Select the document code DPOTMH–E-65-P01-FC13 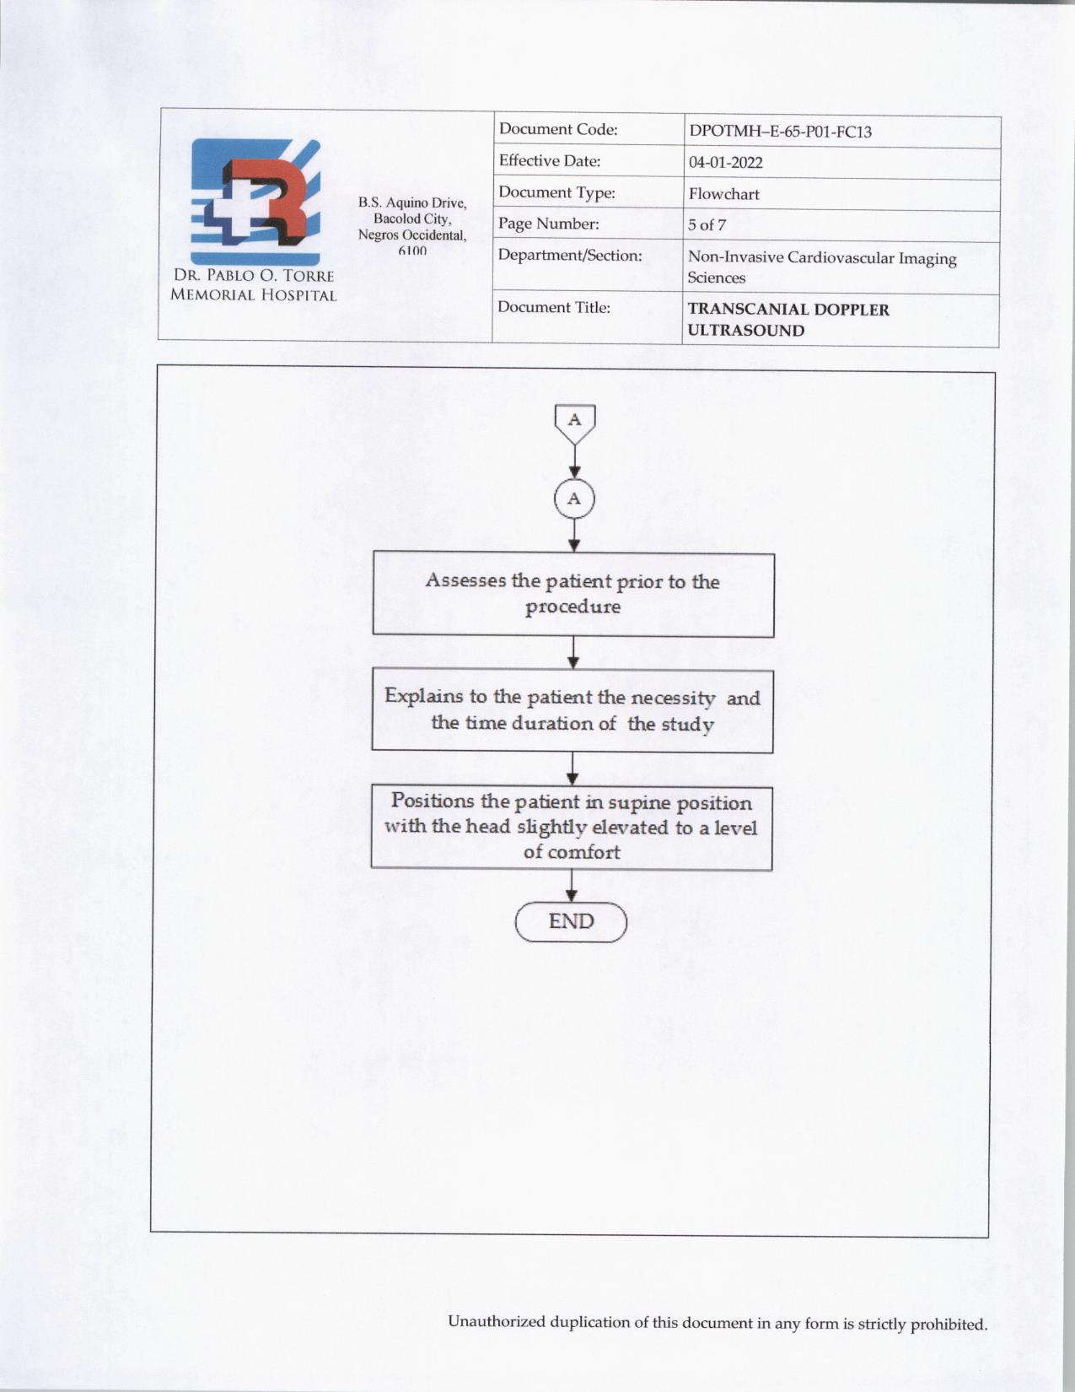[x=780, y=132]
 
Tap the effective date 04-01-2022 [x=725, y=163]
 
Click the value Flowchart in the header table [x=723, y=194]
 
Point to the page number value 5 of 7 [x=707, y=225]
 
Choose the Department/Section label [x=570, y=256]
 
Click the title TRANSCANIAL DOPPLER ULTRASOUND [x=787, y=320]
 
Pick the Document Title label [x=554, y=307]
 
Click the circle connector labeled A [x=574, y=499]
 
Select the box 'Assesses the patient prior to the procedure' [x=573, y=594]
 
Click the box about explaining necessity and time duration [x=572, y=710]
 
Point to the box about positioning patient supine [x=572, y=827]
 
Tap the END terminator [x=572, y=921]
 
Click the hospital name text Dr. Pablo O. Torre [x=254, y=276]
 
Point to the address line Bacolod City [x=412, y=219]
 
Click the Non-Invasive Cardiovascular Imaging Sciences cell [x=821, y=267]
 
